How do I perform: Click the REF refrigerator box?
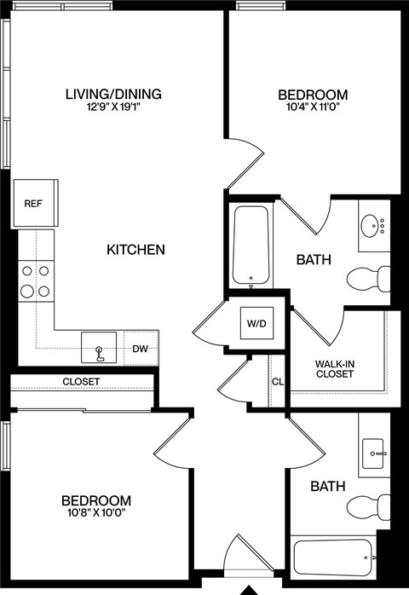34,204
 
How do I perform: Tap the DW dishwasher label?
141,348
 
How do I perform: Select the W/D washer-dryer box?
256,323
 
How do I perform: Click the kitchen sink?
101,349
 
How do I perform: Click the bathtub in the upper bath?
251,245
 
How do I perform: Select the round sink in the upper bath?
372,227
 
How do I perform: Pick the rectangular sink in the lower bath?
373,452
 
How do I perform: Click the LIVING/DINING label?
113,94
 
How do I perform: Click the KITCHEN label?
135,250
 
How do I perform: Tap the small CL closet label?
278,382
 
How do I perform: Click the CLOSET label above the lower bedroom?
81,381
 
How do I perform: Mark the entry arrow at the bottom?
249,589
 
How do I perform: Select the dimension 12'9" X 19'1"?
113,108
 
